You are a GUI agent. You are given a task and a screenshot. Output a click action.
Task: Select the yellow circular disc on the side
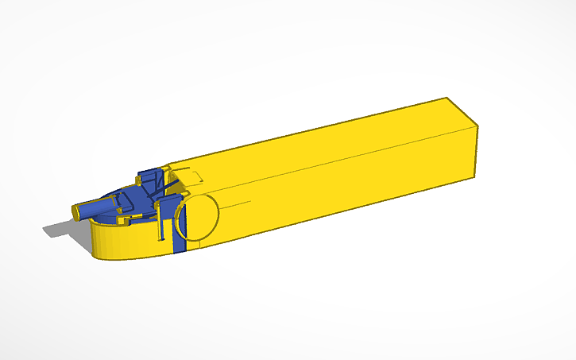[x=196, y=218]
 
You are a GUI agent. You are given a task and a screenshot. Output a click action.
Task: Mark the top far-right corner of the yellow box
[x=446, y=98]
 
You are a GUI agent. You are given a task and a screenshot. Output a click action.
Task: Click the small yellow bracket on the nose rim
[x=123, y=212]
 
